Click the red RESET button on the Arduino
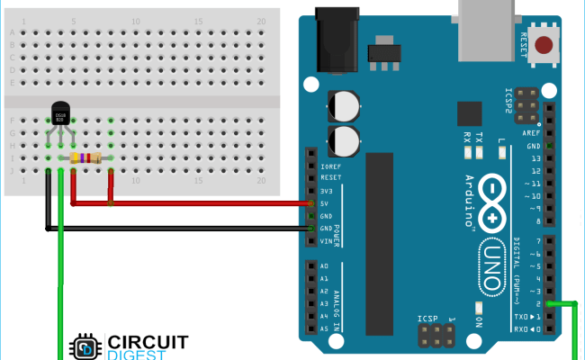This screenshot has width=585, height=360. point(544,45)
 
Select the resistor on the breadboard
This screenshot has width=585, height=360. point(85,158)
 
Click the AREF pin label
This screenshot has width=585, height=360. point(531,133)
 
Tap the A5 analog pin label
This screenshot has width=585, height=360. point(324,329)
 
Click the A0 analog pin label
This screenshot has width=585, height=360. point(324,266)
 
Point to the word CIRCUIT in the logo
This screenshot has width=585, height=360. point(148,342)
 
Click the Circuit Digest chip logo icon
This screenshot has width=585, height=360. point(85,347)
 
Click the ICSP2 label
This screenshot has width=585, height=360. point(508,101)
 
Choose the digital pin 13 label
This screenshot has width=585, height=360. point(534,158)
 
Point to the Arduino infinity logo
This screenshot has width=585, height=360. point(493,202)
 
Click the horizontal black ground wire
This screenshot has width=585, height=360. point(180,229)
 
